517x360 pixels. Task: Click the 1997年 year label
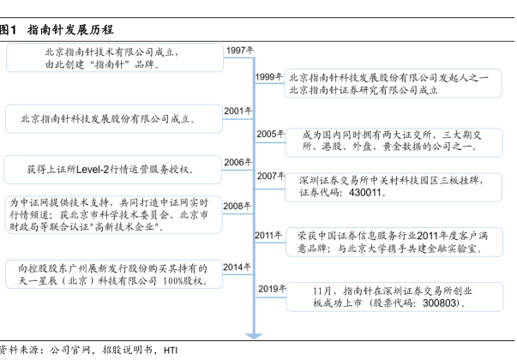coord(240,51)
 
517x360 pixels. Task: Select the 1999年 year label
coord(269,77)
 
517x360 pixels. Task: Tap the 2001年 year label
coord(237,111)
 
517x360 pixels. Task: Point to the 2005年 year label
coord(269,134)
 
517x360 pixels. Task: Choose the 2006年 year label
coord(237,162)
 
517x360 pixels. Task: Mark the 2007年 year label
coord(270,176)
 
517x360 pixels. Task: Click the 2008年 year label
coord(237,206)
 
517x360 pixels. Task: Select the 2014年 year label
coord(237,267)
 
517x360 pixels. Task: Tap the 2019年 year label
coord(271,289)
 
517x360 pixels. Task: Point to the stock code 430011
coord(364,194)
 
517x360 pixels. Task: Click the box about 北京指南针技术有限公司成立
coord(116,57)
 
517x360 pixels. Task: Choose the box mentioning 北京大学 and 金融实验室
coord(395,242)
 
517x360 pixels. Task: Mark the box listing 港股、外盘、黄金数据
coord(395,141)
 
